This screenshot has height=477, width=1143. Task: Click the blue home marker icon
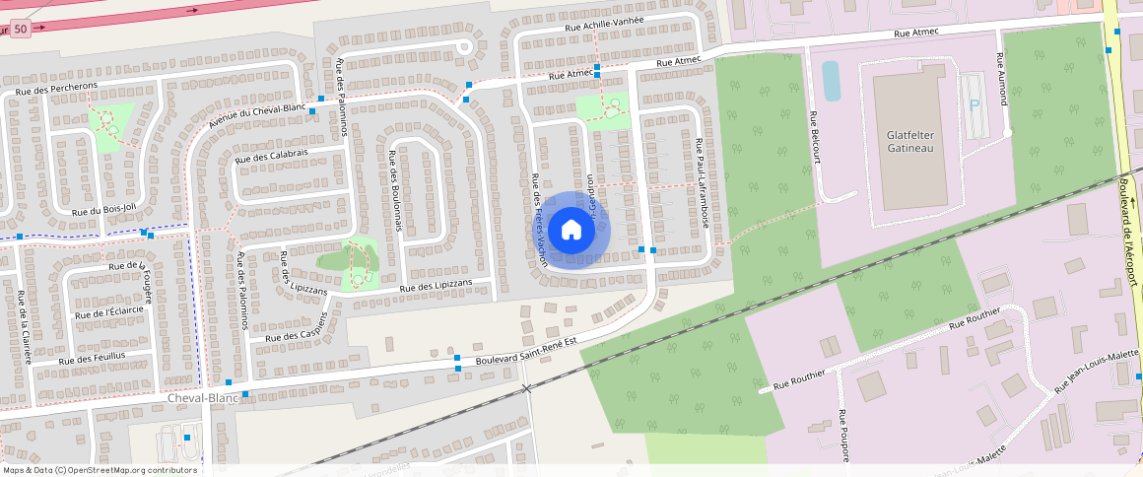coord(571,230)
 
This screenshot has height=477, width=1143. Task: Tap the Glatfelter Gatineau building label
coord(902,141)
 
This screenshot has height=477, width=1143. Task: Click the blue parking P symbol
coord(975,105)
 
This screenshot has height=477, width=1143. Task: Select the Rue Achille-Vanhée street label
coord(604,24)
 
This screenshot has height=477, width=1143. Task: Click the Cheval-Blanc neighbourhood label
coord(203,398)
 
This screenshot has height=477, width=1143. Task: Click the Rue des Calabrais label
coord(273,155)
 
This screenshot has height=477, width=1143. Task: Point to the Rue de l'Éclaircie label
coord(109,312)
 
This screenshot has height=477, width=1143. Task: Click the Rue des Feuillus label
coord(92,358)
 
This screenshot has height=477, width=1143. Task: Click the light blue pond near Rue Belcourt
coord(832,81)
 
